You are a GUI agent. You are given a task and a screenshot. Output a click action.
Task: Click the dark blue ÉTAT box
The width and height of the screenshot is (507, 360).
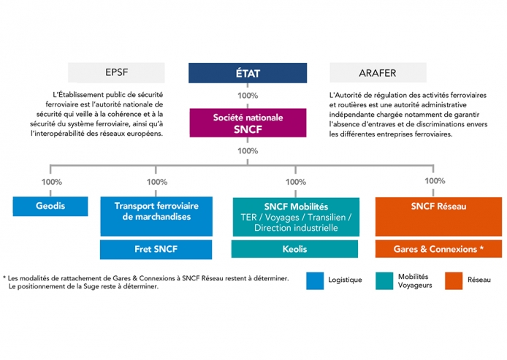pyautogui.click(x=248, y=73)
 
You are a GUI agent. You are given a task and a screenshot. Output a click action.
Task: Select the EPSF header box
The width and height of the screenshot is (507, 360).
pyautogui.click(x=116, y=73)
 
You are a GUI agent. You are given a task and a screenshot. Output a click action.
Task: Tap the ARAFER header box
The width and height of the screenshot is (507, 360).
pyautogui.click(x=378, y=73)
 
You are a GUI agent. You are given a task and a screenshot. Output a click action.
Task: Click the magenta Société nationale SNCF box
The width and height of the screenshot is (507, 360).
pyautogui.click(x=248, y=123)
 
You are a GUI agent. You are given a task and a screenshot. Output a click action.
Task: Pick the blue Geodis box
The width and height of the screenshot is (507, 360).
pyautogui.click(x=50, y=206)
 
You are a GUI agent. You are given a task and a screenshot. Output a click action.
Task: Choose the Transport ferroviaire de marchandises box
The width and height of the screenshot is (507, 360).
pyautogui.click(x=156, y=216)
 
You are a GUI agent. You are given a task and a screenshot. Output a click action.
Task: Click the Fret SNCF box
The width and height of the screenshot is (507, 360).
pyautogui.click(x=156, y=249)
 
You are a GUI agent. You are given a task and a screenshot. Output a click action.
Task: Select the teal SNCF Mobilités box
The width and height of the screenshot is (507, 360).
pyautogui.click(x=296, y=217)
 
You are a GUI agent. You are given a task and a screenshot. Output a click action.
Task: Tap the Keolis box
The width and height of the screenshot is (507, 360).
pyautogui.click(x=294, y=249)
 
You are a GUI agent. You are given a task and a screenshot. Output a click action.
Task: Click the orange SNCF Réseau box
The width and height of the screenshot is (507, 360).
pyautogui.click(x=438, y=217)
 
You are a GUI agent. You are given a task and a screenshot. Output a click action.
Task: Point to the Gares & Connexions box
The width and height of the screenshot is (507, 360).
pyautogui.click(x=438, y=249)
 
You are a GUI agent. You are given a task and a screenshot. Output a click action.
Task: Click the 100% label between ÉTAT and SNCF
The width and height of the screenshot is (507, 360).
pyautogui.click(x=248, y=96)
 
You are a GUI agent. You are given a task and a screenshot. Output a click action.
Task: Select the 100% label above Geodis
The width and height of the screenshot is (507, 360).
pyautogui.click(x=52, y=182)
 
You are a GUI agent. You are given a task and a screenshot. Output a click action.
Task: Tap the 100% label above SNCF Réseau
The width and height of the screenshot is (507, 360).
pyautogui.click(x=435, y=181)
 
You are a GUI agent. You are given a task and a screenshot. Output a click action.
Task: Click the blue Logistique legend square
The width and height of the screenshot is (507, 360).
pyautogui.click(x=315, y=281)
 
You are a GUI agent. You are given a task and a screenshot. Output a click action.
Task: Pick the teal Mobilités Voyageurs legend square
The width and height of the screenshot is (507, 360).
pyautogui.click(x=384, y=281)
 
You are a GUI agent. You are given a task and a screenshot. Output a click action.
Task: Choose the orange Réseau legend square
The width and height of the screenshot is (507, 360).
pyautogui.click(x=454, y=281)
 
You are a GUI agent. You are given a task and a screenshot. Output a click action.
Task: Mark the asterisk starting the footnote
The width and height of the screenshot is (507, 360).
pyautogui.click(x=4, y=277)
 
